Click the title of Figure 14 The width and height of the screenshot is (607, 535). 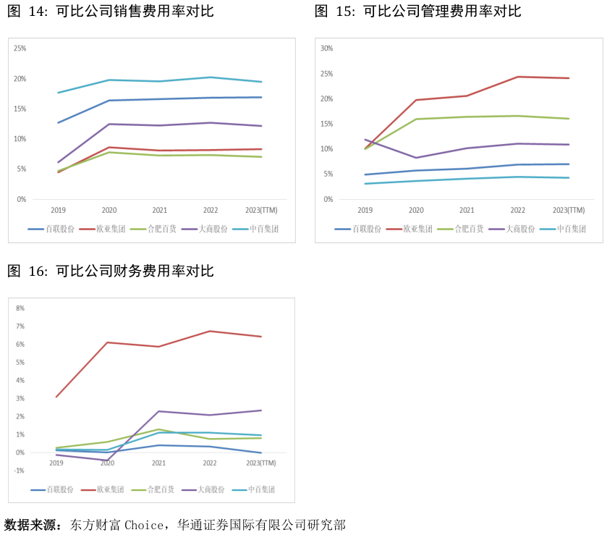(110, 11)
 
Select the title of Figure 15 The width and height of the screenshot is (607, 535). (417, 11)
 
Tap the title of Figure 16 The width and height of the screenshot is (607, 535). (110, 271)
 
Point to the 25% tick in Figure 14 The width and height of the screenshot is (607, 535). (20, 49)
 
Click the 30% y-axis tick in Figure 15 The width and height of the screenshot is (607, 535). (327, 49)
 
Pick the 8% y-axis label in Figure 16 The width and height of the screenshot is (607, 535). (20, 308)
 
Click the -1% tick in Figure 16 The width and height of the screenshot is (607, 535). (20, 471)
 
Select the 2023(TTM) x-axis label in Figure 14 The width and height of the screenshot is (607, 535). (261, 210)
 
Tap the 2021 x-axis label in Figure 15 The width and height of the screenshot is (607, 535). (467, 210)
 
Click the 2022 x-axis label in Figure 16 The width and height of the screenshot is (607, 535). (210, 463)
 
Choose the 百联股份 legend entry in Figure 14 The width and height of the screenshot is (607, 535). (51, 229)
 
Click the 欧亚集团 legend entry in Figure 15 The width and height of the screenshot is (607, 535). (409, 229)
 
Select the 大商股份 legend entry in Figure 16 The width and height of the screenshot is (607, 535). (203, 489)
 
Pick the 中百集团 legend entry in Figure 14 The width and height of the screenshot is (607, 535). (255, 229)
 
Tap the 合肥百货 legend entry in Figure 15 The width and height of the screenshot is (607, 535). (460, 229)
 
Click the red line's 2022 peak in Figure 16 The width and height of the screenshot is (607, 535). (210, 332)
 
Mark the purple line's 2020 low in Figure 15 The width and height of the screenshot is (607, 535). (416, 158)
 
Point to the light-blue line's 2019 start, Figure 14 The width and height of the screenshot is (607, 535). (58, 93)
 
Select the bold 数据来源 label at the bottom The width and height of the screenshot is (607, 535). (33, 525)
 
